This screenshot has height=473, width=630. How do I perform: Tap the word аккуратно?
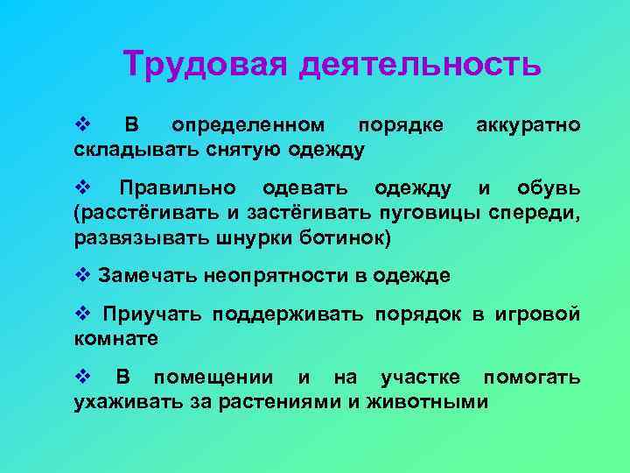[528, 125]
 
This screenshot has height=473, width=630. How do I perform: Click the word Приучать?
[150, 314]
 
